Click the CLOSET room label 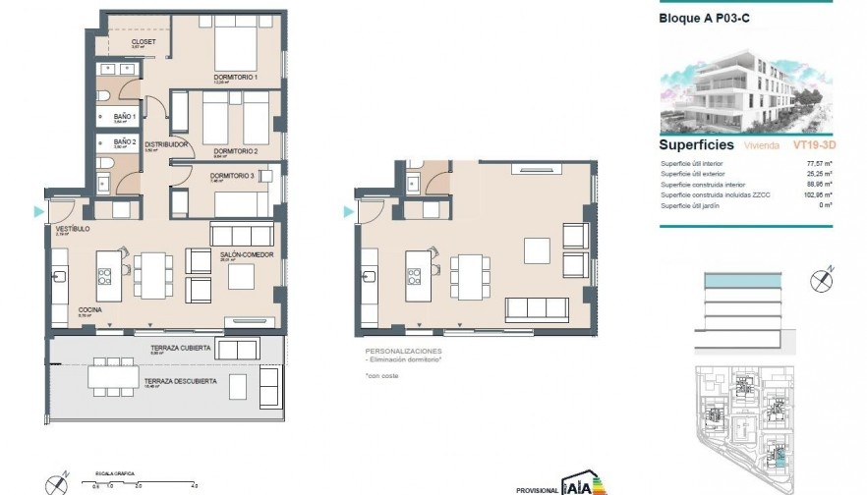pos(144,42)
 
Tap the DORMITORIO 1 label pos(235,78)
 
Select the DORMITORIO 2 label pos(235,151)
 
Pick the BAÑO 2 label pos(124,141)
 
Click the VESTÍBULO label pos(73,229)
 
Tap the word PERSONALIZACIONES pos(403,351)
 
